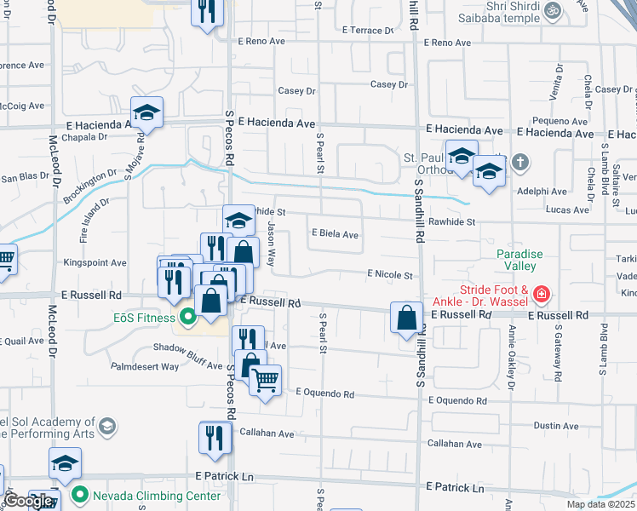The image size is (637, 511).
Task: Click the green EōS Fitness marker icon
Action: coord(187,319)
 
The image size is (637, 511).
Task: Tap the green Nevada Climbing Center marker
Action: coord(80,495)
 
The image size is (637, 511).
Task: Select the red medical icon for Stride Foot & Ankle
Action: coord(540,296)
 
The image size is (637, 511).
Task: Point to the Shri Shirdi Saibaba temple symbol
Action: coord(552,10)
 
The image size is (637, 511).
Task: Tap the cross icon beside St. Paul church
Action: coord(520,162)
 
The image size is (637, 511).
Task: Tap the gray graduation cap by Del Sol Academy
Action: coord(106,426)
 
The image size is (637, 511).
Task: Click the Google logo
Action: coord(28,501)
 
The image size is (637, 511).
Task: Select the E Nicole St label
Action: coord(390,275)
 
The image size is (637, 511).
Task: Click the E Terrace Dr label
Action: coord(366,30)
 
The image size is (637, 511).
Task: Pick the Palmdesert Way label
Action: coord(145,366)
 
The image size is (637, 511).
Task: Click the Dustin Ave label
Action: coord(556,425)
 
